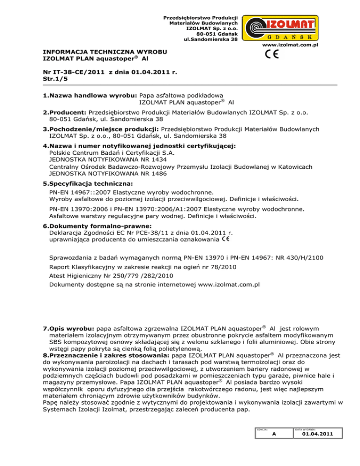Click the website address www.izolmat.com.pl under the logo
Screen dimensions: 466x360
(x=291, y=45)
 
